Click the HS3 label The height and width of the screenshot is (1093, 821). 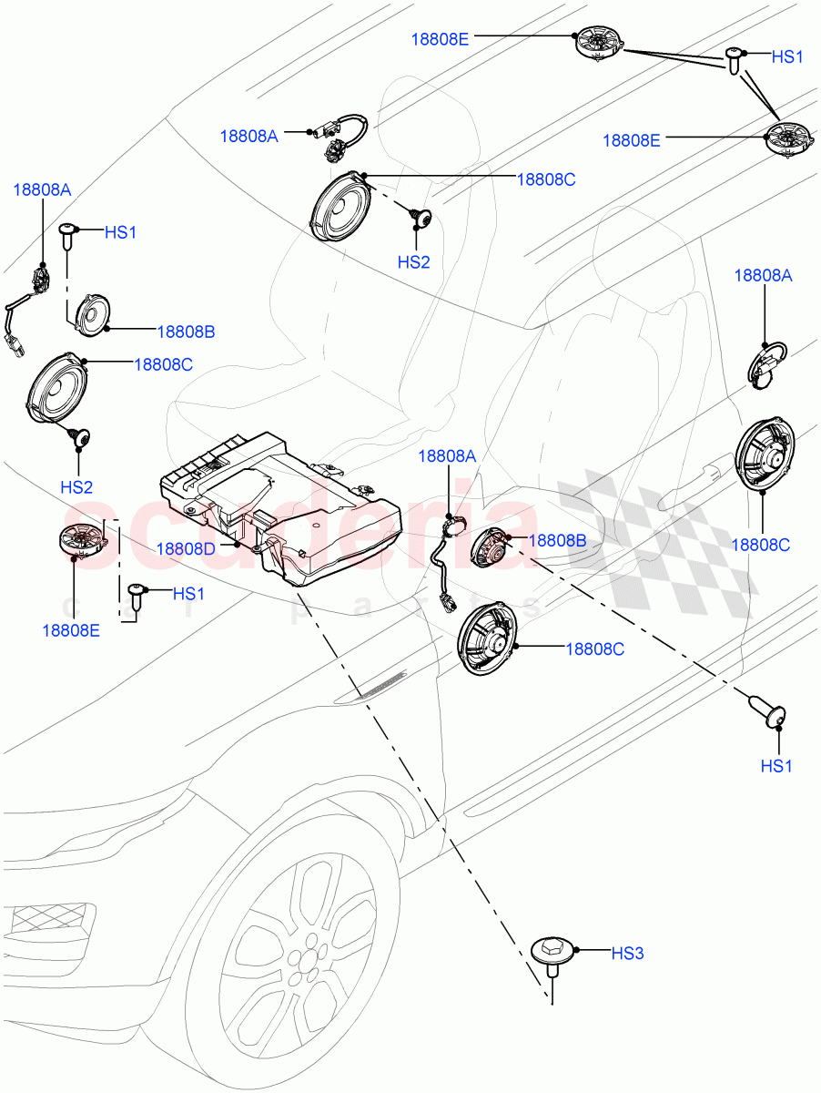click(x=627, y=954)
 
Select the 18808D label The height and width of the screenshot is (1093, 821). click(x=186, y=548)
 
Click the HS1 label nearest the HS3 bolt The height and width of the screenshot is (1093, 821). click(x=775, y=766)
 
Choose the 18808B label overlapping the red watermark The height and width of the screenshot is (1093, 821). click(x=558, y=540)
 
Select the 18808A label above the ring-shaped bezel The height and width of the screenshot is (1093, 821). click(x=764, y=276)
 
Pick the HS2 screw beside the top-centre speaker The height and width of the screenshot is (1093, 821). click(x=420, y=217)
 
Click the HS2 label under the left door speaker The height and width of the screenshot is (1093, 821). click(x=76, y=487)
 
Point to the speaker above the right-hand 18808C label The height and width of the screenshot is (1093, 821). click(x=763, y=453)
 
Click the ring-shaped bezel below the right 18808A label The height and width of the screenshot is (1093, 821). click(x=766, y=360)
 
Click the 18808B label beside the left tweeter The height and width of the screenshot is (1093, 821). click(x=186, y=332)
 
